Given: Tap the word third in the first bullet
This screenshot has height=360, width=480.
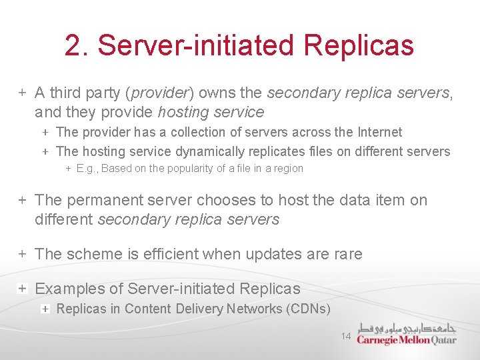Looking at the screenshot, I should (65, 93).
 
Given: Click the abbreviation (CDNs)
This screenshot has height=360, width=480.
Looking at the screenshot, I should (307, 309).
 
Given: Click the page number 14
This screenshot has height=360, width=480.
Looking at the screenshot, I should (345, 337).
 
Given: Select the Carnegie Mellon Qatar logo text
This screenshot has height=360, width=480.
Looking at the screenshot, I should (406, 340).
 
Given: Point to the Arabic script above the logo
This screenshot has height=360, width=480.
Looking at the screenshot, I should (407, 328).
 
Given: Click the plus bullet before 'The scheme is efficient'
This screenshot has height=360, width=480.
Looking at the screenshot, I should (22, 254).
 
